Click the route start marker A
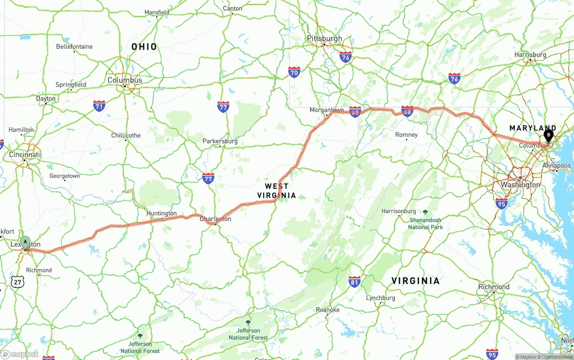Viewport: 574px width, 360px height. point(26,242)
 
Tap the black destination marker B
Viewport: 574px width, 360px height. point(548,135)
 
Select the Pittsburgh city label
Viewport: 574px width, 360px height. point(324,39)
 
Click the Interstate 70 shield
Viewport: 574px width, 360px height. point(294,72)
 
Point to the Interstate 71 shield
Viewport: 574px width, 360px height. point(100,106)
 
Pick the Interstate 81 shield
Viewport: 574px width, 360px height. point(354,282)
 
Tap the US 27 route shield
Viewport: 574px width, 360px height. point(17,282)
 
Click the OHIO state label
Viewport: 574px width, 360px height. point(144,47)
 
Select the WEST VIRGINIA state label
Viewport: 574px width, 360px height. point(277,191)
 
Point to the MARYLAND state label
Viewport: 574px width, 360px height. point(532,128)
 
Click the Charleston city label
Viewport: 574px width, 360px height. point(215,219)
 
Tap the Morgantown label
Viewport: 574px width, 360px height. point(326,110)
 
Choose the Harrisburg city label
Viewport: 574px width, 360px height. point(531,55)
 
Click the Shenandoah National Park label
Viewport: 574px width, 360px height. point(425,223)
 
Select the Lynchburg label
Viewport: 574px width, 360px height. point(381,298)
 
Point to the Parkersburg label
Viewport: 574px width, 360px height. point(220,141)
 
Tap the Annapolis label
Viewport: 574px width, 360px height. point(557,165)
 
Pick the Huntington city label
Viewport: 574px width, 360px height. point(161,213)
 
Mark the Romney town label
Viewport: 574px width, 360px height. point(406,134)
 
